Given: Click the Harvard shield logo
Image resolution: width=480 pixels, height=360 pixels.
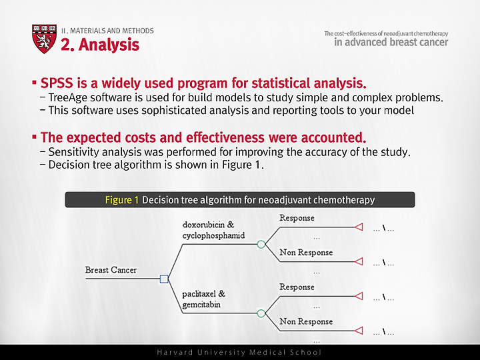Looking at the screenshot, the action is point(45,39).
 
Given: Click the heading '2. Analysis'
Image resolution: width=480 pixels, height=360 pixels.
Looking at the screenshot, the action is point(100,45).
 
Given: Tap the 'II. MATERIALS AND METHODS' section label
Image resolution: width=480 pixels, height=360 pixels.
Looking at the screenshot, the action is point(107,31).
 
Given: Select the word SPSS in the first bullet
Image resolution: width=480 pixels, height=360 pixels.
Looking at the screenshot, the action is point(57,83).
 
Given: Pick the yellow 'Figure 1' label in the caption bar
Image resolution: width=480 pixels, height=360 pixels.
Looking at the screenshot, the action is point(122,200).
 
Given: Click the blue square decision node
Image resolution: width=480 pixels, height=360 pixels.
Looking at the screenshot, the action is point(164,279).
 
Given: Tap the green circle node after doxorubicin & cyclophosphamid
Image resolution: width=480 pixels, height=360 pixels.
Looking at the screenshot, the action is point(261,244).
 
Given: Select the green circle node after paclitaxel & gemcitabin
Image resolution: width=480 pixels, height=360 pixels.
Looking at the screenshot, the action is point(261,313).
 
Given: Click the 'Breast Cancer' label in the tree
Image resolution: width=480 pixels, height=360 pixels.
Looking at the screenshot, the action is point(111,270).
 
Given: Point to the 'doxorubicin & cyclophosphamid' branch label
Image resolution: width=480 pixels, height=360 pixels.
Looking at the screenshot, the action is point(214,230).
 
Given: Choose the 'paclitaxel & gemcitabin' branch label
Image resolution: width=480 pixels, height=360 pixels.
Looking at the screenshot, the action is point(203,299).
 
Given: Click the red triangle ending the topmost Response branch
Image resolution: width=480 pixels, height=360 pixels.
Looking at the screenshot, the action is point(359,227).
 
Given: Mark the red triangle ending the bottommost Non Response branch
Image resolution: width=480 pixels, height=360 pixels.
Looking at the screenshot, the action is point(359,331).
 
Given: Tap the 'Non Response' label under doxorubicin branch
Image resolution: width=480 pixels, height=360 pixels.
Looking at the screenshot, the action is point(306,253).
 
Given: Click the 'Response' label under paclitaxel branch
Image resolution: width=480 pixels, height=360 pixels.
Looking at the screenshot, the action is point(297,287).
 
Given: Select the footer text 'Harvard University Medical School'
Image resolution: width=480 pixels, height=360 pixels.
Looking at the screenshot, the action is point(239,353).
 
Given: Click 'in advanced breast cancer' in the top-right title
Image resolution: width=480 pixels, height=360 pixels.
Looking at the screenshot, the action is point(391,42).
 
